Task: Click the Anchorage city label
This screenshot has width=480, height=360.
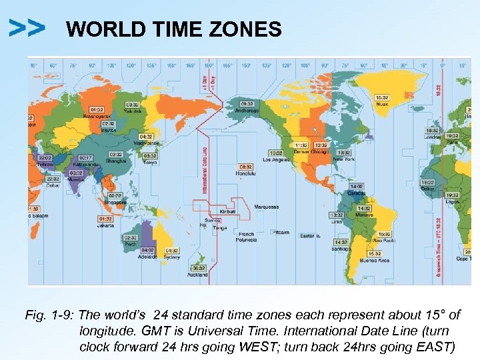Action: click(247, 111)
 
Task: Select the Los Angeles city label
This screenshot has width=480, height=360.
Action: click(276, 160)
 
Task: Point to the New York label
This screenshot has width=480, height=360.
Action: click(343, 159)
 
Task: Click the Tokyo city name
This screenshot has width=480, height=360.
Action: click(150, 161)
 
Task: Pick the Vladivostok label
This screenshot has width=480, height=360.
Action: click(147, 143)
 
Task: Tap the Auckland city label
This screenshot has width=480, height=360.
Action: click(198, 275)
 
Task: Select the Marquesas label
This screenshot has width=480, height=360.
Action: click(267, 207)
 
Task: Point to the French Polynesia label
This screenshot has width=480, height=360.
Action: click(247, 237)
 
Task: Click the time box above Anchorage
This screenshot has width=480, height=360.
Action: click(247, 104)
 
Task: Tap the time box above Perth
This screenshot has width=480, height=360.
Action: click(130, 237)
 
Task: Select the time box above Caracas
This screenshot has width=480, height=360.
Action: click(356, 187)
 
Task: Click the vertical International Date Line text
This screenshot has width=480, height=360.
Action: click(204, 170)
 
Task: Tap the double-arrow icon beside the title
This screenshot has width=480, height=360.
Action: click(27, 27)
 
